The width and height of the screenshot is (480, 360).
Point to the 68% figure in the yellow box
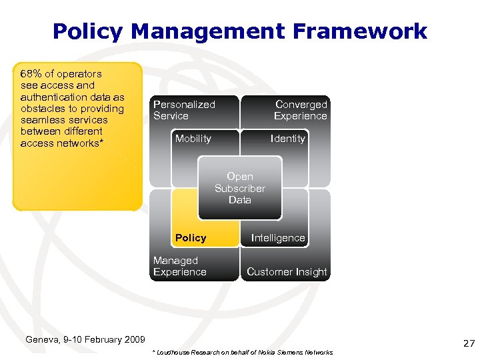click(31, 74)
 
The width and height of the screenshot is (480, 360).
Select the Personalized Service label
click(184, 110)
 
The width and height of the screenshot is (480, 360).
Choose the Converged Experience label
click(300, 110)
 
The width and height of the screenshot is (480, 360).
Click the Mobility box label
click(193, 139)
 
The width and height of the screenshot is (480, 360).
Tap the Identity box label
click(288, 139)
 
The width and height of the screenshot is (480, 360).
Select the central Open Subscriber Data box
click(240, 188)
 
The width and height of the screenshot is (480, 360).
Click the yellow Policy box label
click(191, 238)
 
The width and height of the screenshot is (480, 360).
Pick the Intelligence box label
click(278, 238)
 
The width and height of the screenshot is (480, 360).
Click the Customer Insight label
click(287, 272)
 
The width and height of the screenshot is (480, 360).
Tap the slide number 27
click(469, 344)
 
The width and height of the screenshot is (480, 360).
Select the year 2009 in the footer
click(133, 339)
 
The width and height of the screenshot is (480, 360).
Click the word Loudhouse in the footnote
click(175, 353)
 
